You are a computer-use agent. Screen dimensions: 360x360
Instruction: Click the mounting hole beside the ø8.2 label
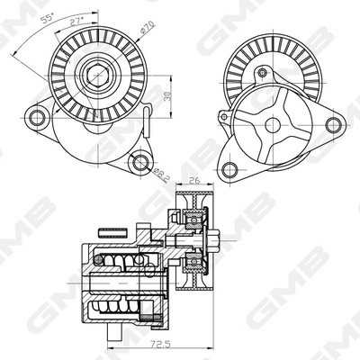tap(137, 162)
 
